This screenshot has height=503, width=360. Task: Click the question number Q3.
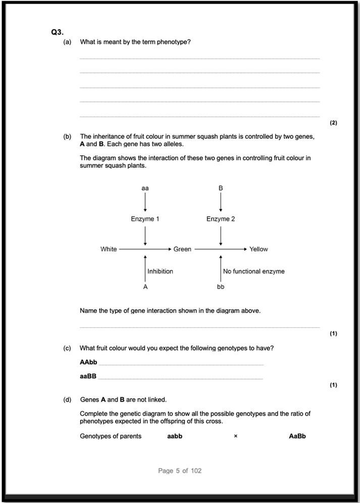coord(57,32)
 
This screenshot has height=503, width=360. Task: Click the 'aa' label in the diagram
coord(145,188)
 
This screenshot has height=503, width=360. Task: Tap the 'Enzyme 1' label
coord(145,219)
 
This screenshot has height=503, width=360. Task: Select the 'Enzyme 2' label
coord(221,219)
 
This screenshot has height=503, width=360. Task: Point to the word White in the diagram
coord(109,249)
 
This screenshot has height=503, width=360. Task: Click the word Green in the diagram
coord(182,249)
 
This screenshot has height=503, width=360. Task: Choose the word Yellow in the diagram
coord(259,249)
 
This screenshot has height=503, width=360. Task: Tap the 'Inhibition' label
coord(160,271)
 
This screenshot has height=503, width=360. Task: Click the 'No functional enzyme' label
coord(253,271)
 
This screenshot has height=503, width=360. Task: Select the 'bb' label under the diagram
coord(221,287)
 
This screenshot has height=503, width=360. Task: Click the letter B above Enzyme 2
coord(221,188)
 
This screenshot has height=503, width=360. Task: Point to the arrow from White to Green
coord(145,249)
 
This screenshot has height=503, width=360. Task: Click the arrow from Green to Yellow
coord(221,249)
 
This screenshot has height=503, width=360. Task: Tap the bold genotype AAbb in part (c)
coord(88,362)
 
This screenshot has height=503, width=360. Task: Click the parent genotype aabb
coord(175,436)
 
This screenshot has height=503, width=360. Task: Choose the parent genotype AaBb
coord(297,436)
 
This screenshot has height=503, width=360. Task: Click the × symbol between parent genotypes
coord(235,436)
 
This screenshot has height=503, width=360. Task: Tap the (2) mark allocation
coord(333,123)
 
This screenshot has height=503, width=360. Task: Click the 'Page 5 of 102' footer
coord(180,471)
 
